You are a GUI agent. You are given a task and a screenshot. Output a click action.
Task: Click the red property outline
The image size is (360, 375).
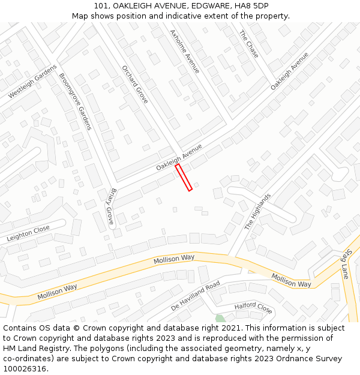tap(184, 178)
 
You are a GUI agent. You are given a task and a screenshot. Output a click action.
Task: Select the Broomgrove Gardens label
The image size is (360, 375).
tap(75, 101)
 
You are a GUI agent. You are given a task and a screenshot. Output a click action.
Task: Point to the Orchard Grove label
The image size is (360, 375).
tap(134, 84)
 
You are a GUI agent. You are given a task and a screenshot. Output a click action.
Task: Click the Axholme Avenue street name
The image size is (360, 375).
tap(184, 52)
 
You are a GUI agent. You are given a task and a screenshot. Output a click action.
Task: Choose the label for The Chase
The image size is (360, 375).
tap(249, 44)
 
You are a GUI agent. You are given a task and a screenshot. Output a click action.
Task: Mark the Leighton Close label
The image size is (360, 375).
tap(28, 233)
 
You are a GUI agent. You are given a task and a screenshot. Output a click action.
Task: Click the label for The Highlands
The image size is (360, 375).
tap(258, 211)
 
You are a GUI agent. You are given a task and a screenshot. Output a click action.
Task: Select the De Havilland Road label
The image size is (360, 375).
tap(196, 295)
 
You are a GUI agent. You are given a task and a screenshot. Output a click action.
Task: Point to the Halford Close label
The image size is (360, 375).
tap(253, 308)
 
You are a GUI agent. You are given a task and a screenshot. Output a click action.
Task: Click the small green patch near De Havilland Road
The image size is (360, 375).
tap(220, 318)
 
